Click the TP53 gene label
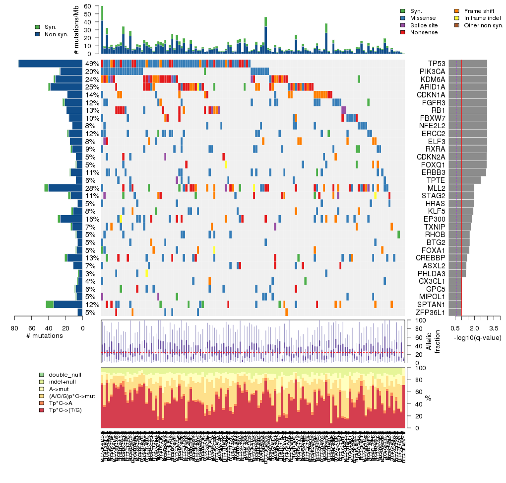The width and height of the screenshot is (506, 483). [437, 64]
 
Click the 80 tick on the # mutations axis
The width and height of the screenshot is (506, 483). [14, 328]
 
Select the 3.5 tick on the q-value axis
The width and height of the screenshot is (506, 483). [493, 328]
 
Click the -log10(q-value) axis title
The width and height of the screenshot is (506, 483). [477, 338]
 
